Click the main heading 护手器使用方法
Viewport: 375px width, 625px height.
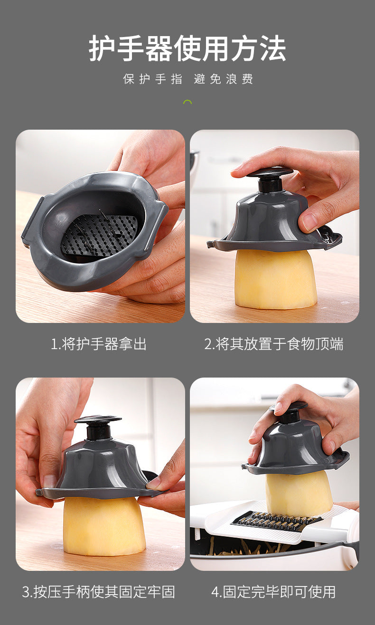point(187,48)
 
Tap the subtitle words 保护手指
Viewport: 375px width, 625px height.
point(152,79)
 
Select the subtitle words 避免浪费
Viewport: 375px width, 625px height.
point(223,79)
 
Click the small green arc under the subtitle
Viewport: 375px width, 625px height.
point(187,102)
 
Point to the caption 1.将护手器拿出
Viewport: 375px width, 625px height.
point(99,344)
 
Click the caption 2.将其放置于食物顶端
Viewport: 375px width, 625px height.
point(274,344)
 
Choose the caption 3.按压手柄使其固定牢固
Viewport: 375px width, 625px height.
point(99,592)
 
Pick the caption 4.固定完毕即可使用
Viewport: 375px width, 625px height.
point(273,592)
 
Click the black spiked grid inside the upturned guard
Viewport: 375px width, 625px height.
point(100,234)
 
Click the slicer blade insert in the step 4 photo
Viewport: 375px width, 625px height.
point(275,521)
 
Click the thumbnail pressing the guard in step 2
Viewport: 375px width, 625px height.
point(309,221)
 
